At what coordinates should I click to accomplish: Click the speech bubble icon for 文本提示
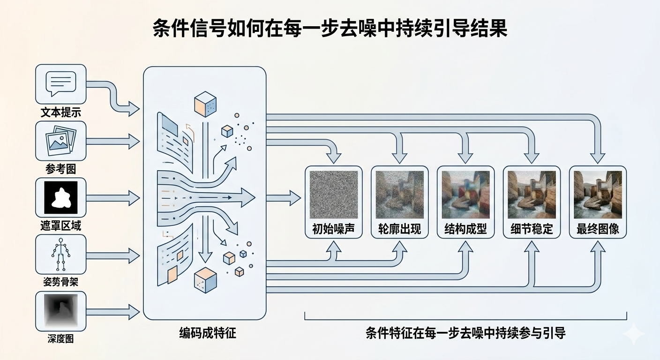[x=60, y=84]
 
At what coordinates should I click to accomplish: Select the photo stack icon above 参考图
[x=60, y=140]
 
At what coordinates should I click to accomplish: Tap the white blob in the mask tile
[x=60, y=197]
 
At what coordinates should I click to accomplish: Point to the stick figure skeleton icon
[x=60, y=254]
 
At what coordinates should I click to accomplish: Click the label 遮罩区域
[x=60, y=226]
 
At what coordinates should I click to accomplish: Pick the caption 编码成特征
[x=205, y=333]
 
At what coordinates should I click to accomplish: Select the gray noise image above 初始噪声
[x=333, y=194]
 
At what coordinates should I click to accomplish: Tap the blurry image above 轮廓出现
[x=399, y=194]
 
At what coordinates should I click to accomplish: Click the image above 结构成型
[x=465, y=194]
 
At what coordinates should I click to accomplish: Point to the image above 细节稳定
[x=532, y=194]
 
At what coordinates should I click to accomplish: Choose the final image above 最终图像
[x=598, y=194]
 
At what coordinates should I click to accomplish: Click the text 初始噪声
[x=333, y=229]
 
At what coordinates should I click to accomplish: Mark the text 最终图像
[x=598, y=229]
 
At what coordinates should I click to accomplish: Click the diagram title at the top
[x=330, y=29]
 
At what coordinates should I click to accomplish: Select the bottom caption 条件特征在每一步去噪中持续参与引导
[x=465, y=333]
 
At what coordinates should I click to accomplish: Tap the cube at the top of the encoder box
[x=205, y=104]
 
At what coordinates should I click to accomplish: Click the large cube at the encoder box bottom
[x=205, y=279]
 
